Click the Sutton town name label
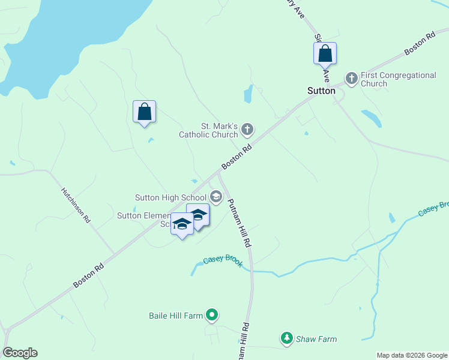point(321,91)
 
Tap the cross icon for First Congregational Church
point(351,78)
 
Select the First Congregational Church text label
point(398,79)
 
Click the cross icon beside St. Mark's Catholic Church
point(248,129)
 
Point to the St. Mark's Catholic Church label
point(209,130)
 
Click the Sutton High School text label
point(170,197)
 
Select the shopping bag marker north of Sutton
point(325,53)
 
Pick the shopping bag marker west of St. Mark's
point(144,112)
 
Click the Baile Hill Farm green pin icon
point(211,314)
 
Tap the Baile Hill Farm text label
point(175,315)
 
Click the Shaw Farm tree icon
point(287,339)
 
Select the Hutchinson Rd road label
point(75,205)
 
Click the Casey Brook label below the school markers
point(223,260)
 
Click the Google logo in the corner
point(20,353)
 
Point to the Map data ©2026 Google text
point(411,355)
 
